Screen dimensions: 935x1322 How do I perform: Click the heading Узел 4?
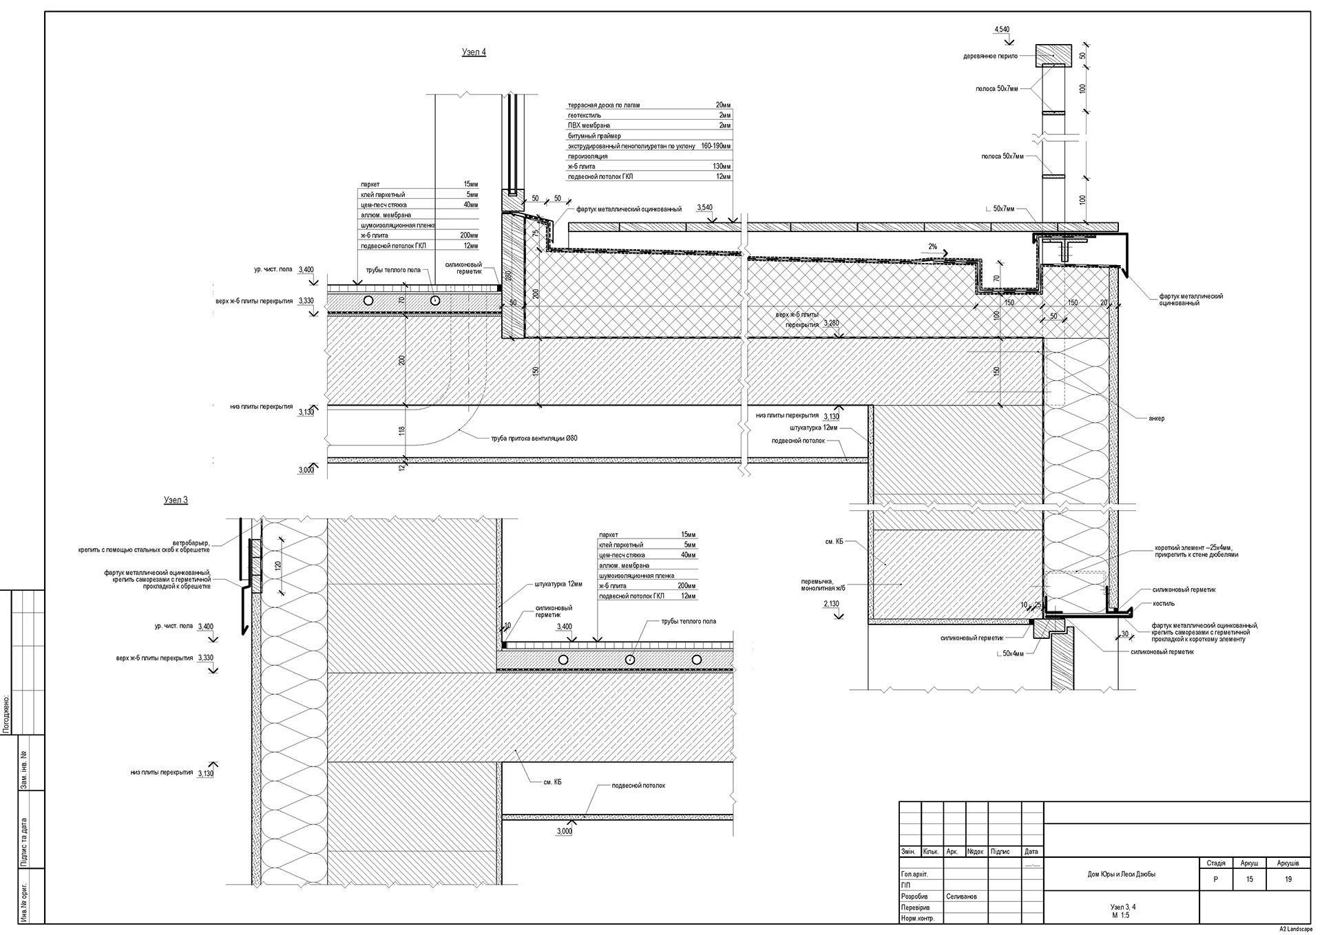pos(474,52)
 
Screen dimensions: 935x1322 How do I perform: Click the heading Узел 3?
pos(176,500)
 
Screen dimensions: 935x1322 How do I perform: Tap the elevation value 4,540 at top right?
pos(1002,30)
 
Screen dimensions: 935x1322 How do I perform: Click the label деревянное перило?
pos(990,56)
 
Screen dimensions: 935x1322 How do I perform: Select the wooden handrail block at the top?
pos(1053,54)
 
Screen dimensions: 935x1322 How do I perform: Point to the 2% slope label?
pos(933,246)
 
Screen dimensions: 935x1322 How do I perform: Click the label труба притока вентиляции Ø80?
pos(529,438)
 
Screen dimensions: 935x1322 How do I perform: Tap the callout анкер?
pos(1157,419)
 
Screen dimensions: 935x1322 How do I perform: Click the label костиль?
pos(1164,604)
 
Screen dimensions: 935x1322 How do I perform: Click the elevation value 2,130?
pos(832,604)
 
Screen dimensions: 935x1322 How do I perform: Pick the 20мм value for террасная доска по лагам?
pos(723,105)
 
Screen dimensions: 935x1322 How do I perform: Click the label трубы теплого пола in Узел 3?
pos(689,621)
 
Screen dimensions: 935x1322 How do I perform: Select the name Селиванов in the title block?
pos(961,896)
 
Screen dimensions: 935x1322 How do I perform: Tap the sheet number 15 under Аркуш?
pos(1249,879)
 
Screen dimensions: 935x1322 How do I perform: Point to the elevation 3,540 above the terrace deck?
pos(704,207)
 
